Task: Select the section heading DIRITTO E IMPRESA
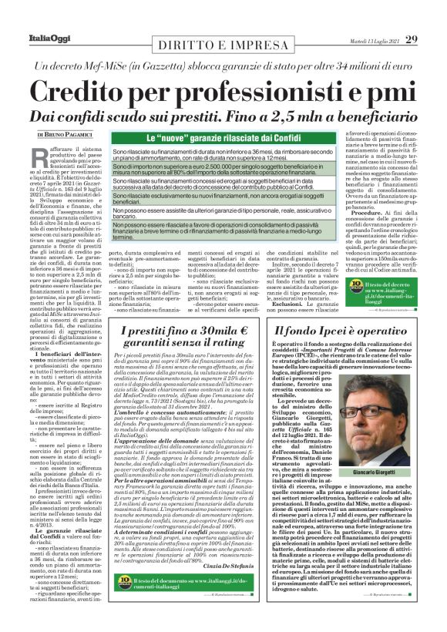pyautogui.click(x=223, y=45)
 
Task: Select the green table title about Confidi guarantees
pyautogui.click(x=222, y=139)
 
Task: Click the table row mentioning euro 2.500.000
pyautogui.click(x=222, y=170)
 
